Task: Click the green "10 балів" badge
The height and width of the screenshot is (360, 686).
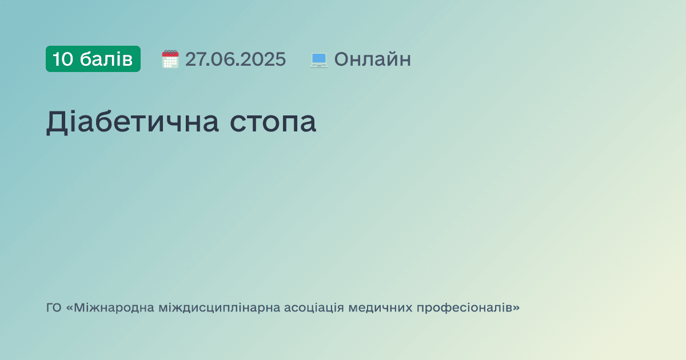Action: point(93,59)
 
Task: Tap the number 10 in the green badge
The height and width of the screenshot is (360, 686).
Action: point(63,59)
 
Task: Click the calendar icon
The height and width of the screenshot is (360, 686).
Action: point(170,59)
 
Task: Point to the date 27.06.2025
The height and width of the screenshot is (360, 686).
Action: point(235,59)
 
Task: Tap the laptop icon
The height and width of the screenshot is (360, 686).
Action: point(318,59)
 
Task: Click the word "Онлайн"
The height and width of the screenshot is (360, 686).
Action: point(372,59)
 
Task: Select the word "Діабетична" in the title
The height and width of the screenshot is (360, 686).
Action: point(132,122)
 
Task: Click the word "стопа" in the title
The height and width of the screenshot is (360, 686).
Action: point(273,123)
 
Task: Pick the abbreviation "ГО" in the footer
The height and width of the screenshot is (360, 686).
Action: point(54,308)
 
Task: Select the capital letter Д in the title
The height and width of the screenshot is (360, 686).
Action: point(57,122)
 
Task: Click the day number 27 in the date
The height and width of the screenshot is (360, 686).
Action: point(195,59)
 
